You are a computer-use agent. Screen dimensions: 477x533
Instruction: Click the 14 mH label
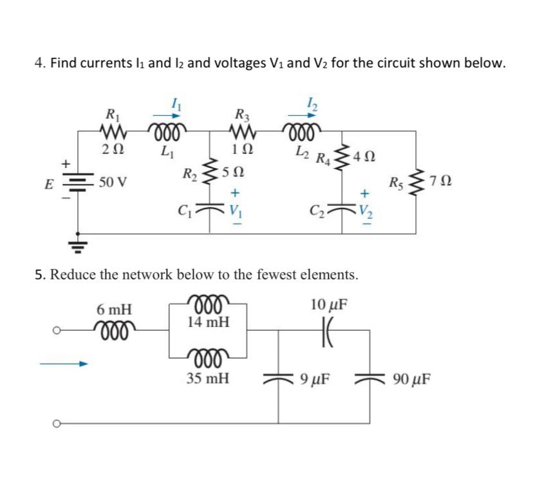click(207, 321)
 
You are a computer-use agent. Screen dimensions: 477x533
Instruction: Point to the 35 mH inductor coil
click(207, 356)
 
